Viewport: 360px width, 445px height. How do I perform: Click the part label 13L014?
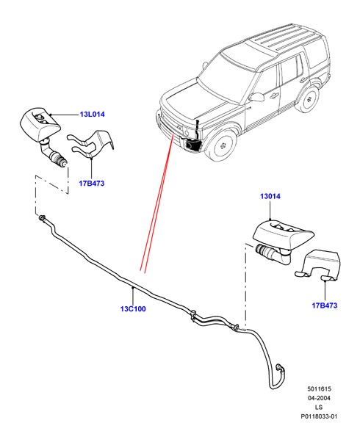point(93,115)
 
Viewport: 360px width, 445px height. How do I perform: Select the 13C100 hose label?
point(133,308)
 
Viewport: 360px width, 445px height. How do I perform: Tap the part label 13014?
point(270,196)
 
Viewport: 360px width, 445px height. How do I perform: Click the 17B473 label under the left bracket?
point(92,184)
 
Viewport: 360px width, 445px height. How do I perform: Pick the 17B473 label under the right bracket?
point(325,305)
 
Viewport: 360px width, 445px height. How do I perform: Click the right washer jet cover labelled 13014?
point(283,232)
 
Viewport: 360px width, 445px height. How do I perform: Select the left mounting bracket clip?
point(91,144)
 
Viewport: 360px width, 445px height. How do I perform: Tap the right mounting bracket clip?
point(317,266)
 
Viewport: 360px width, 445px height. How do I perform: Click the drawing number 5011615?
point(319,388)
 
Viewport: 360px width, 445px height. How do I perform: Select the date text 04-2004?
point(319,398)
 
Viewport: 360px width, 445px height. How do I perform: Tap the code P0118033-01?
point(319,416)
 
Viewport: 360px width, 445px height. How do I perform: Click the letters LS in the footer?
point(319,408)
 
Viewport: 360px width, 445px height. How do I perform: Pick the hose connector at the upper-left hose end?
point(43,218)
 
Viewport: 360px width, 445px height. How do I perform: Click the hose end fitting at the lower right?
point(280,367)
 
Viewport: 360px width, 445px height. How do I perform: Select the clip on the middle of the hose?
point(192,315)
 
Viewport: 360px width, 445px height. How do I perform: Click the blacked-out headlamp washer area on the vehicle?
point(192,144)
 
